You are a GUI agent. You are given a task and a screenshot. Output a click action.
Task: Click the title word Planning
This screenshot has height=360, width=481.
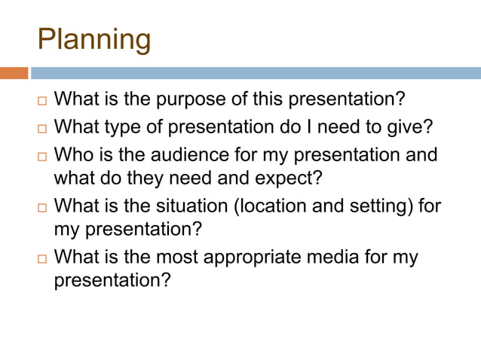(x=94, y=40)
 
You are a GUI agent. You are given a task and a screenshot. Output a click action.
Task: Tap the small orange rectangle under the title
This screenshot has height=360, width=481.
(x=14, y=73)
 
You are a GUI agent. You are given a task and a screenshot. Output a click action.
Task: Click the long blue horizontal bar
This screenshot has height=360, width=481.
(x=256, y=73)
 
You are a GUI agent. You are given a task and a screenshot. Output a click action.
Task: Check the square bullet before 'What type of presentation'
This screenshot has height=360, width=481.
(x=42, y=127)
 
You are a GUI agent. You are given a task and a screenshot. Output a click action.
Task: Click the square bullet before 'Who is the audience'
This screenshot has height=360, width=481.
(x=42, y=155)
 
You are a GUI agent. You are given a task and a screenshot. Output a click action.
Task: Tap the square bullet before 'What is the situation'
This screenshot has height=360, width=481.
(x=42, y=206)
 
